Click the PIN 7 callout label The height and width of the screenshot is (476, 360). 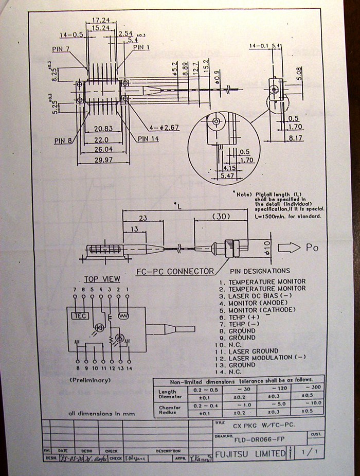(60, 49)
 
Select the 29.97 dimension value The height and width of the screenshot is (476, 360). (103, 161)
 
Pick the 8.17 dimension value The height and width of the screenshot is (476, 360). (296, 137)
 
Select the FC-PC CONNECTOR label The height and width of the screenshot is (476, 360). (175, 271)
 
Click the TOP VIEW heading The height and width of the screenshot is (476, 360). (102, 279)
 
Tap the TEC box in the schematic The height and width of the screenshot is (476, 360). (80, 315)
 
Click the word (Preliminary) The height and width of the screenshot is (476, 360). (90, 380)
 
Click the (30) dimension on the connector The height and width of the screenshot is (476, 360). (221, 216)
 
